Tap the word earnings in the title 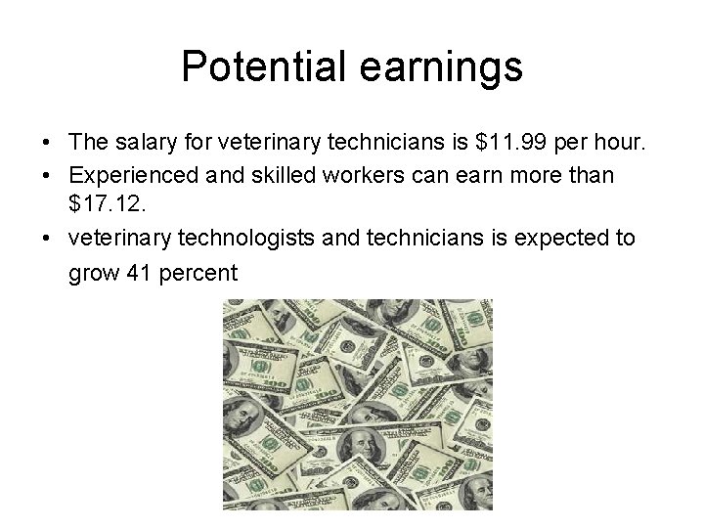point(447,68)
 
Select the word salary point(144,143)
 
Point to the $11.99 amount point(506,143)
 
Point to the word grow point(93,273)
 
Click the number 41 point(139,272)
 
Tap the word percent point(199,273)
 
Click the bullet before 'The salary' point(47,144)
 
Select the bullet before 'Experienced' point(47,177)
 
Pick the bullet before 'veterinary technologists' point(47,240)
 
